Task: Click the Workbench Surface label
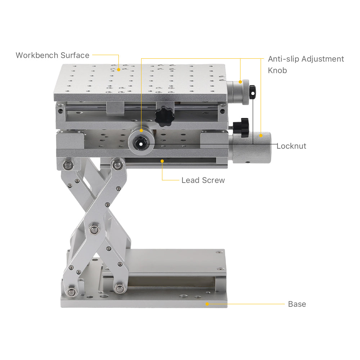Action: [52, 55]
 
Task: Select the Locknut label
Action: [291, 146]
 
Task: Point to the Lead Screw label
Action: [203, 180]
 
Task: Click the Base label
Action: [297, 304]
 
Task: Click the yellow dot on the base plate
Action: [207, 304]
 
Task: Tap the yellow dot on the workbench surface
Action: [118, 69]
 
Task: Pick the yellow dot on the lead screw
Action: [162, 161]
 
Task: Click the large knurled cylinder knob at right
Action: [252, 147]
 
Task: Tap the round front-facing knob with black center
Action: [141, 143]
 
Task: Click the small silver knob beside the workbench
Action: [240, 92]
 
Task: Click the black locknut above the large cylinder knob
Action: [242, 126]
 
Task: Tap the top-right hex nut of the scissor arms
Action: [117, 165]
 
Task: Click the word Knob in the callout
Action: [277, 71]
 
